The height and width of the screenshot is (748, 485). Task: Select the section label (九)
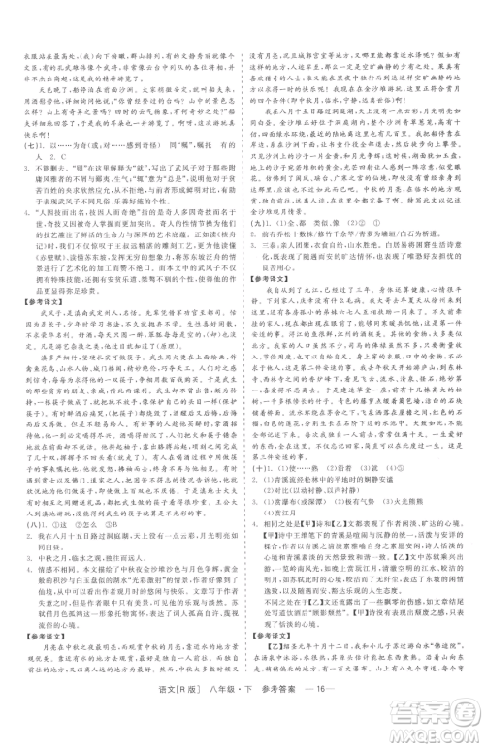254,222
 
